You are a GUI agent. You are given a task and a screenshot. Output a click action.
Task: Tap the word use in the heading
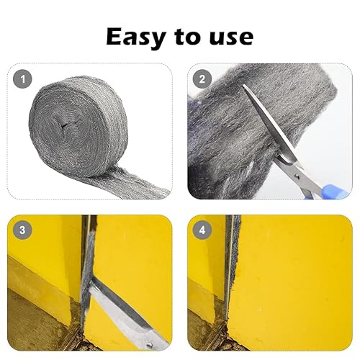click(x=231, y=37)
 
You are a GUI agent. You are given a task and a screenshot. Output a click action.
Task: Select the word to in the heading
click(x=187, y=37)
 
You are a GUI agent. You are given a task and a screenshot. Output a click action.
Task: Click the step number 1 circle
click(x=22, y=79)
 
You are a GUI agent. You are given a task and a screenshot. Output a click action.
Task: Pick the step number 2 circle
click(x=202, y=79)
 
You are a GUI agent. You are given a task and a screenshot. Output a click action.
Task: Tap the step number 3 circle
click(x=22, y=230)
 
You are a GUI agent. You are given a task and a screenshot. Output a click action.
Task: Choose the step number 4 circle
click(x=202, y=230)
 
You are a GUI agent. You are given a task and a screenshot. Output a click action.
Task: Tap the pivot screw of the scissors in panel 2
click(x=297, y=177)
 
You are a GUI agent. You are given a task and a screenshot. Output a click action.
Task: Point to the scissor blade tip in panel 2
click(x=243, y=85)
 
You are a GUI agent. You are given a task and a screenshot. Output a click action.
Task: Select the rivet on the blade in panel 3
click(x=150, y=345)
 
